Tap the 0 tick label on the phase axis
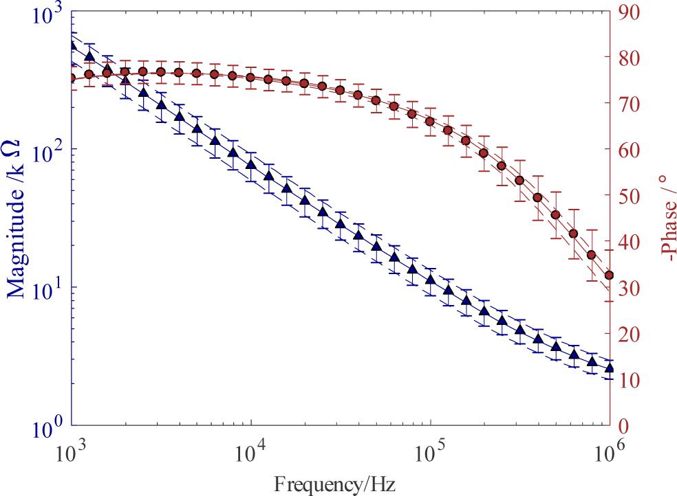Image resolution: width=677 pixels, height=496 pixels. point(628,427)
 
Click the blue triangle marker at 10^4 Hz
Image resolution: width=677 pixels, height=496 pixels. point(250,164)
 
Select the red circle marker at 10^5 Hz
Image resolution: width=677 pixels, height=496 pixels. point(430,122)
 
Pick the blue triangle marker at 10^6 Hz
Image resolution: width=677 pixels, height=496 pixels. point(609,368)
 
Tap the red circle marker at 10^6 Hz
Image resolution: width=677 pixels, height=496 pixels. point(609,275)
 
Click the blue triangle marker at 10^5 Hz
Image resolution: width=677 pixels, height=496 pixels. point(430,279)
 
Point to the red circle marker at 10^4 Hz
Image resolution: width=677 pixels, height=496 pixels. point(250,77)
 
